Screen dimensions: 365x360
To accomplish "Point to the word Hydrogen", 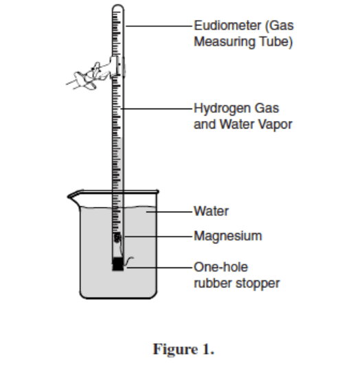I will pos(219,109).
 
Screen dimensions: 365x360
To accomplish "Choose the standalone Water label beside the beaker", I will pos(211,211).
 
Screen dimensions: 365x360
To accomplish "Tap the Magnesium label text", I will pos(227,236).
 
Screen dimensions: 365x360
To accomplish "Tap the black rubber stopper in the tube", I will pos(117,263).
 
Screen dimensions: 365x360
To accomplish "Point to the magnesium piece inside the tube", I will pos(117,238).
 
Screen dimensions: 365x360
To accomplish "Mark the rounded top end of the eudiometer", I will pos(116,8).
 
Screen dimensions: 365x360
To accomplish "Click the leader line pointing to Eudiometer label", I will pos(158,27).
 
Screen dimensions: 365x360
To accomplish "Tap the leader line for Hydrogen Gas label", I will pos(158,109).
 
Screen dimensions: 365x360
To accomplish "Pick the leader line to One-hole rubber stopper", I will pos(158,267).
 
